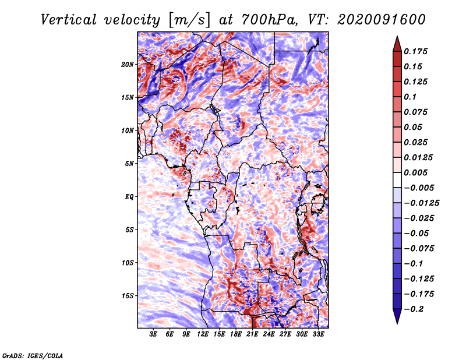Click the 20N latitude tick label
coord(128,64)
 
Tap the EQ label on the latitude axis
coord(129,196)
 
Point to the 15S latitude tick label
coord(128,295)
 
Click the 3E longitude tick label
coord(154,335)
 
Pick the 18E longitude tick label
coord(236,335)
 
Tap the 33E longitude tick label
coord(319,335)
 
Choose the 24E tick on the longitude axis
coord(269,335)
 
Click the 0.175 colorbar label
coord(416,51)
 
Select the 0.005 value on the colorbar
coord(416,173)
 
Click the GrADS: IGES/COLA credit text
coord(32,355)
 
